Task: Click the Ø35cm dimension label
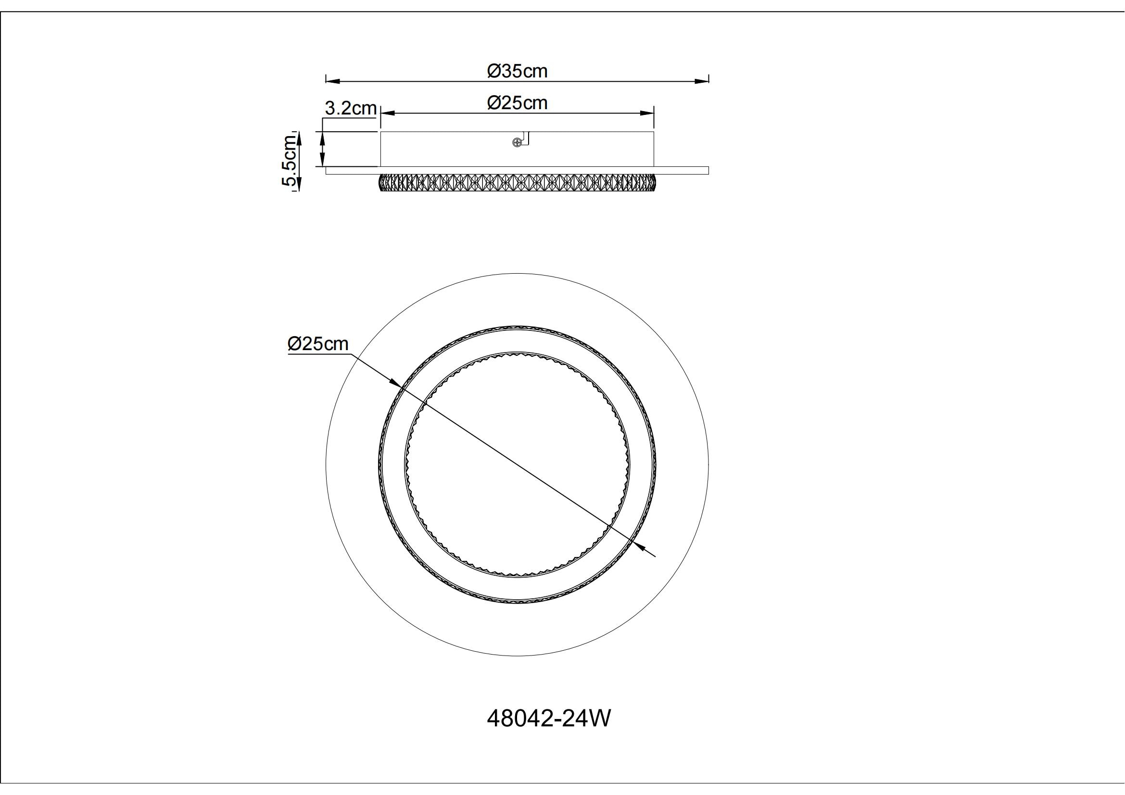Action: point(517,72)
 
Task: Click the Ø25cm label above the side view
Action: point(517,103)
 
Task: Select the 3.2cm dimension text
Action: point(350,109)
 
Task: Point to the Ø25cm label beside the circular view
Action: point(318,344)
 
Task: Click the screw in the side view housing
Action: point(516,142)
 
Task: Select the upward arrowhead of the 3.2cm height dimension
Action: point(322,137)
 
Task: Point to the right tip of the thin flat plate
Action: point(708,170)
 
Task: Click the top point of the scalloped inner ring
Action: point(517,352)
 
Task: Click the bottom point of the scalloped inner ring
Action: point(517,576)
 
